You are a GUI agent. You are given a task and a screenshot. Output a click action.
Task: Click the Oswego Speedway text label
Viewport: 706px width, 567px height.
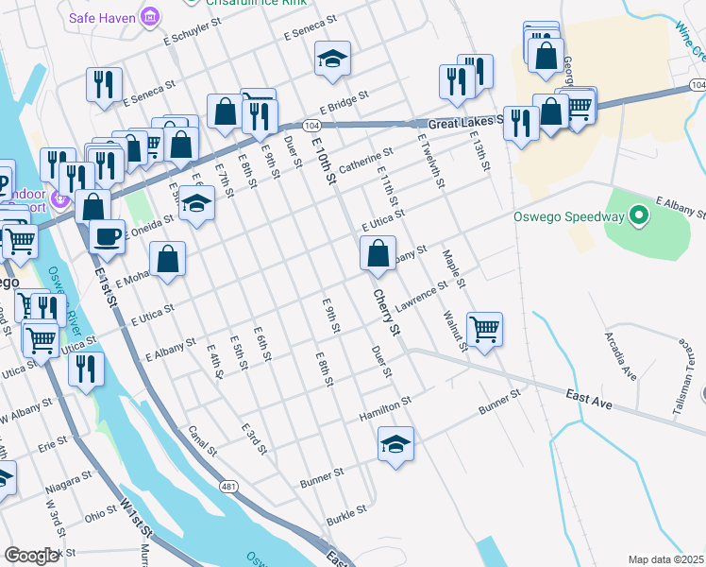click(568, 216)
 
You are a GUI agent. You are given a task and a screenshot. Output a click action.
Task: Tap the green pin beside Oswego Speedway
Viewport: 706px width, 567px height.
click(638, 216)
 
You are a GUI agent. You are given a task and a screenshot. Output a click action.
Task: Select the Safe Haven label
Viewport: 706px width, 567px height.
click(101, 17)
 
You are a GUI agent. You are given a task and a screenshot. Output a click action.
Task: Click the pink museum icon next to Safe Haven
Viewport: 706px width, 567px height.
click(149, 16)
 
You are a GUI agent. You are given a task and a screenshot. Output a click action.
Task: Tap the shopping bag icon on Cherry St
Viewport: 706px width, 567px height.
click(378, 254)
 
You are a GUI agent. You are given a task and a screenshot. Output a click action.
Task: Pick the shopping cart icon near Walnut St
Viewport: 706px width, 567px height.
click(484, 330)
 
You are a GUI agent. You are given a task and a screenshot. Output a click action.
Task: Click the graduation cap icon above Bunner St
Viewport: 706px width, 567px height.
click(395, 445)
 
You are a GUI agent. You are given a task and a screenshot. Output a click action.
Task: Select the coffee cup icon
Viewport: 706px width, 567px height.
click(108, 235)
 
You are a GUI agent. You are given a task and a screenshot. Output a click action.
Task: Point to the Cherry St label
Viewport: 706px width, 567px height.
click(387, 313)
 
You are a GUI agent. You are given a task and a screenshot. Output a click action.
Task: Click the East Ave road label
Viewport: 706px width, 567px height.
click(590, 399)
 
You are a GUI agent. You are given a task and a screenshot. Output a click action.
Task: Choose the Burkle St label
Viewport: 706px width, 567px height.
click(345, 516)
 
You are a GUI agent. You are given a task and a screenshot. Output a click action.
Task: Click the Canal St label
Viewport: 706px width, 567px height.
click(203, 439)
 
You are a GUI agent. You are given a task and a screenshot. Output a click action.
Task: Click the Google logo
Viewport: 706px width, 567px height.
click(30, 556)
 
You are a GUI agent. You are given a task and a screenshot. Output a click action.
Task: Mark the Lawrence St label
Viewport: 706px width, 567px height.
click(420, 298)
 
